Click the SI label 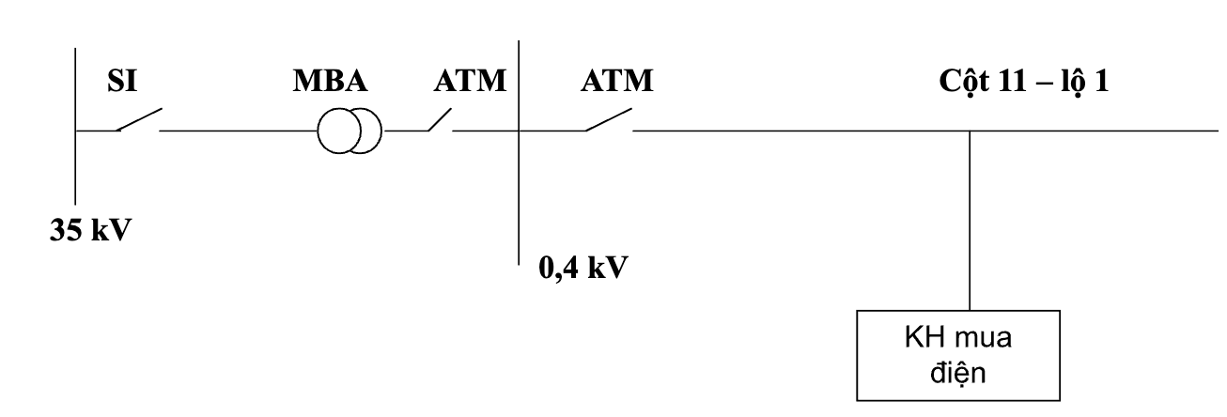pyautogui.click(x=122, y=81)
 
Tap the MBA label pyautogui.click(x=331, y=81)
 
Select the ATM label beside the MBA pyautogui.click(x=470, y=81)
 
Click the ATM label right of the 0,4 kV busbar pyautogui.click(x=616, y=81)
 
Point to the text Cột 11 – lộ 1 pyautogui.click(x=1024, y=82)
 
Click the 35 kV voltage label pyautogui.click(x=90, y=230)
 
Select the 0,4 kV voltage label pyautogui.click(x=583, y=269)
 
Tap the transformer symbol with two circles pyautogui.click(x=349, y=131)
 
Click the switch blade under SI pyautogui.click(x=139, y=119)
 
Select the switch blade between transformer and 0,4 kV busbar pyautogui.click(x=440, y=120)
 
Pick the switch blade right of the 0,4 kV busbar pyautogui.click(x=609, y=119)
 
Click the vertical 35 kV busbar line pyautogui.click(x=75, y=126)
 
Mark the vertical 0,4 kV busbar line pyautogui.click(x=519, y=153)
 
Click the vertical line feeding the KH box pyautogui.click(x=970, y=221)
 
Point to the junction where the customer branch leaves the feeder pyautogui.click(x=970, y=131)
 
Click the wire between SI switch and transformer pyautogui.click(x=239, y=131)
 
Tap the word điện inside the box pyautogui.click(x=958, y=373)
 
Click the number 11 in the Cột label pyautogui.click(x=1011, y=81)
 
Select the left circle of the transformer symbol pyautogui.click(x=318, y=131)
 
